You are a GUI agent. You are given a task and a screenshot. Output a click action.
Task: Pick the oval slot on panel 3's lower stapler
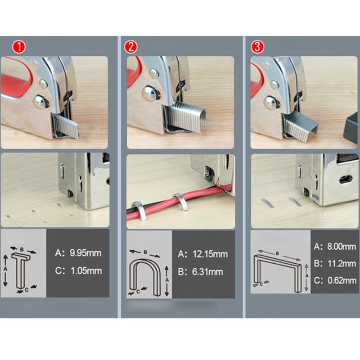[346, 179]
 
